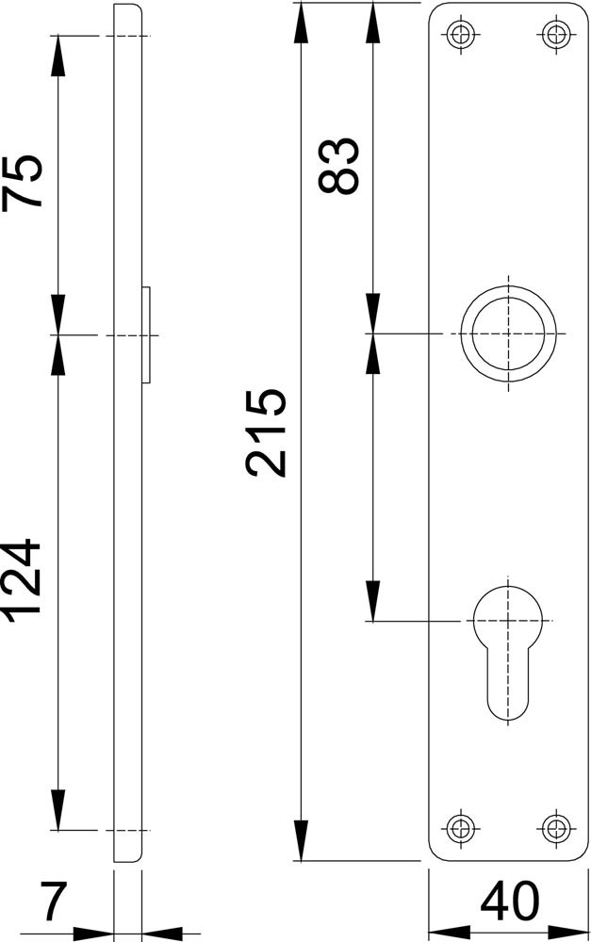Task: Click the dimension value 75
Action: [23, 182]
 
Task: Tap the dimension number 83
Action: [338, 165]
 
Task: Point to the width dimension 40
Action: [509, 901]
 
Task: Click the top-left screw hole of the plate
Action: [462, 33]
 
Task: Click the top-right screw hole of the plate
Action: [556, 33]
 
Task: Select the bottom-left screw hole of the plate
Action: [462, 828]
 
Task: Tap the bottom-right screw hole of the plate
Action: [556, 828]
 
